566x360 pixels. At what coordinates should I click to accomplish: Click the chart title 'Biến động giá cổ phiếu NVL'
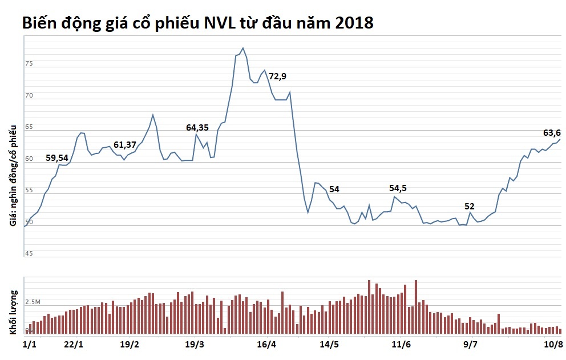197,23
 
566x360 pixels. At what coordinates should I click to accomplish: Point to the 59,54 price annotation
57,157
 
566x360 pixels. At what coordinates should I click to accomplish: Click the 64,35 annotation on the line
197,128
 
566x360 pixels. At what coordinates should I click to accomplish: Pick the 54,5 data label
398,188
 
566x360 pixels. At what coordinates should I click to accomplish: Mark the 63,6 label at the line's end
551,133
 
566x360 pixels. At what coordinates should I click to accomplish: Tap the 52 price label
470,206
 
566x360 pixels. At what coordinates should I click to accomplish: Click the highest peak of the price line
243,48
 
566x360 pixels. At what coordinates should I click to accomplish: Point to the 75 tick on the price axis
29,63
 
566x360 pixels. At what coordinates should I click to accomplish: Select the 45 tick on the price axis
29,253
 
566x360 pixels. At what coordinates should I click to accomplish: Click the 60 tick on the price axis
29,158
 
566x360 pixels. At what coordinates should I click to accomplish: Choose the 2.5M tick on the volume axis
34,301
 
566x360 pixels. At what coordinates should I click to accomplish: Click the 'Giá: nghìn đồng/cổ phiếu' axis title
13,176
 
